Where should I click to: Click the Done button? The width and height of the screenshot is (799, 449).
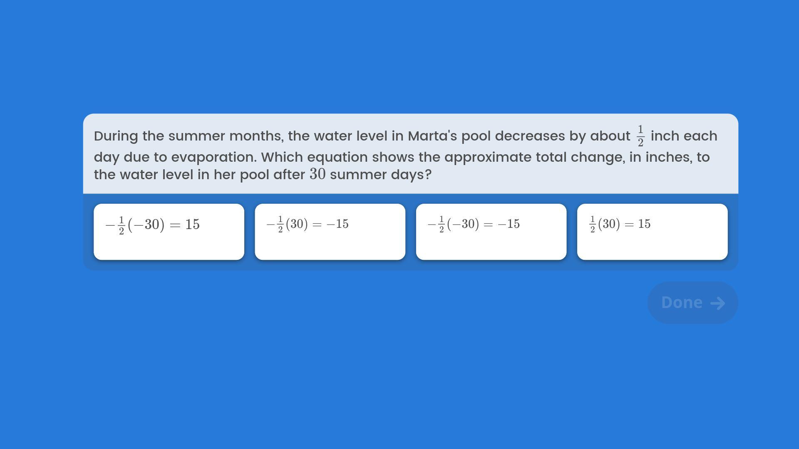693,303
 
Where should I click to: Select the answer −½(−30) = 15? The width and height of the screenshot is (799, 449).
169,232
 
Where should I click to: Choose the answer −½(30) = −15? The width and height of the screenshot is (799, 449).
330,232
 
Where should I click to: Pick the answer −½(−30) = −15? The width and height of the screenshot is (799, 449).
491,232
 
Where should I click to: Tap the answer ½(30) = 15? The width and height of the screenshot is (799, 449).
652,232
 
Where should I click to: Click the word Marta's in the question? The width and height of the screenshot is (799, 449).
432,136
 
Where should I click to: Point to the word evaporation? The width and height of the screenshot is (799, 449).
214,158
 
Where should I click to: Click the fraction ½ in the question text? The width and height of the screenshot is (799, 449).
640,136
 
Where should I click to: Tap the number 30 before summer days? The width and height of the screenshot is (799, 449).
318,174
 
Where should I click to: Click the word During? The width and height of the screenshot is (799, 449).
116,136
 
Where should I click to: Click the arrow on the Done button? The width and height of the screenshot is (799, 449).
717,303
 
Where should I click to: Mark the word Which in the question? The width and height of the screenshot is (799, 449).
282,157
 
